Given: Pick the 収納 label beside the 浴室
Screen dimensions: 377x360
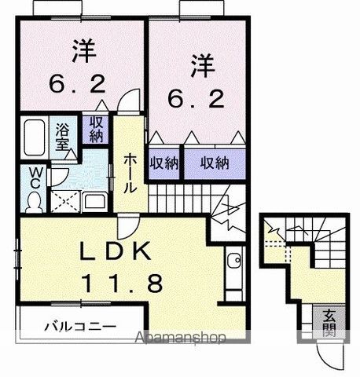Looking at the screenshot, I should pos(96,130).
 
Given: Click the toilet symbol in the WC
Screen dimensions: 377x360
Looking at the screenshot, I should pos(33,202).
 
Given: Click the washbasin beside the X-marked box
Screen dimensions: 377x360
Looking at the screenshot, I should pos(95,200).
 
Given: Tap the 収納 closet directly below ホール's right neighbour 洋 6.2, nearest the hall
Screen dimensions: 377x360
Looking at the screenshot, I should pos(163,163).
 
